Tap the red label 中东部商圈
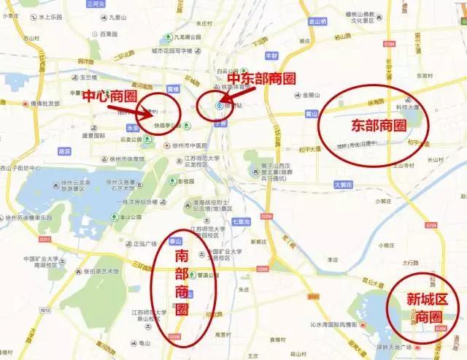click(259, 78)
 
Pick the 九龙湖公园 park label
click(171, 35)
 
